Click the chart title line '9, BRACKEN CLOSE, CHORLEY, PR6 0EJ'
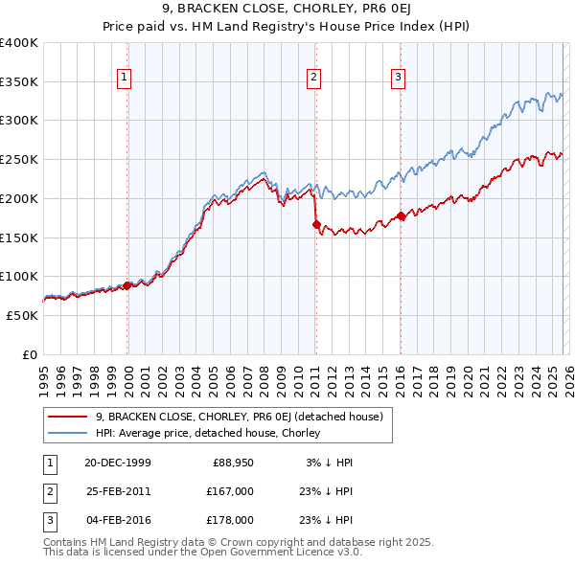[287, 11]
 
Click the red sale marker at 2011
[315, 224]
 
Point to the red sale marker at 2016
[400, 216]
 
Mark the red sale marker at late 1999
[127, 285]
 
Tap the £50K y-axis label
[23, 315]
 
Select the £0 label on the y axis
[30, 354]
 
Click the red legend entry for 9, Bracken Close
[239, 417]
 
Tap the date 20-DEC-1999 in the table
[117, 463]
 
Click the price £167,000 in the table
[230, 491]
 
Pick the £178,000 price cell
[230, 520]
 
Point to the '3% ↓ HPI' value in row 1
[328, 463]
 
